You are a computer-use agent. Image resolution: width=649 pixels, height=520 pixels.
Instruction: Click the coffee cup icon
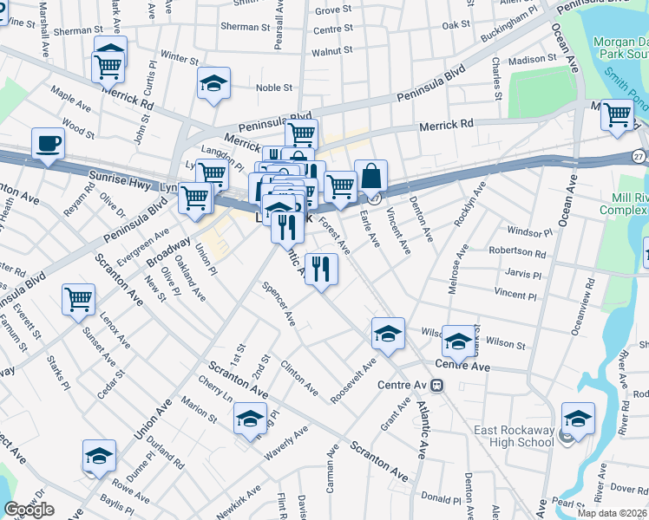pyautogui.click(x=48, y=143)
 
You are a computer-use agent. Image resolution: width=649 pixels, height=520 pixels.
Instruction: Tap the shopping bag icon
pyautogui.click(x=370, y=175)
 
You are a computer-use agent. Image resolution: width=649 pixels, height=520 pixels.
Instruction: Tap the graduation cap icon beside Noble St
pyautogui.click(x=213, y=83)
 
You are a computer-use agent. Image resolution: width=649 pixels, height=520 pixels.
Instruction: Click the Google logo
pyautogui.click(x=29, y=510)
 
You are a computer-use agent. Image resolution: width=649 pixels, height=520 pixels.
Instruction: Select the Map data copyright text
pyautogui.click(x=611, y=513)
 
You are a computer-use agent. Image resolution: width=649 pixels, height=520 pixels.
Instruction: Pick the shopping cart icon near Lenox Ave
pyautogui.click(x=79, y=299)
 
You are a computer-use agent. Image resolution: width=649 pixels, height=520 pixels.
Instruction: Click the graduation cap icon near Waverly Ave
pyautogui.click(x=250, y=419)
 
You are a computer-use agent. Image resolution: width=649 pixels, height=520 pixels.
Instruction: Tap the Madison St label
pyautogui.click(x=531, y=60)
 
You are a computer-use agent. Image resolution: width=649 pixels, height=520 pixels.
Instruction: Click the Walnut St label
pyautogui.click(x=332, y=51)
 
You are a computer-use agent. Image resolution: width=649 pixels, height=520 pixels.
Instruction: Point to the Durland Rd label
pyautogui.click(x=165, y=452)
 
